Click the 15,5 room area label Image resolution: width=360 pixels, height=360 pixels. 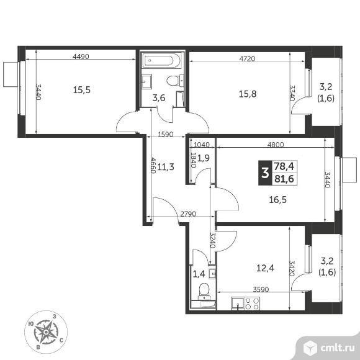[82, 90]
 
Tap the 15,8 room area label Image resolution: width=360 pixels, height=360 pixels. [248, 94]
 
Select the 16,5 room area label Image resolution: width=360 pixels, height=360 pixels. [278, 200]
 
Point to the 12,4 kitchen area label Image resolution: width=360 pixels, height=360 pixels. [265, 268]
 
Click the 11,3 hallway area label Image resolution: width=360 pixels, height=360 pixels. [166, 167]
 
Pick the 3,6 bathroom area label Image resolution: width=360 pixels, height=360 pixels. [159, 98]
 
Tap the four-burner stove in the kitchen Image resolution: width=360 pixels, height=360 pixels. [253, 304]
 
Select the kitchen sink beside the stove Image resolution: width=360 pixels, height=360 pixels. [238, 304]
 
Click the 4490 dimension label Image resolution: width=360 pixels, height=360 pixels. [81, 56]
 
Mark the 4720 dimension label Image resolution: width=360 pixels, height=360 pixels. [247, 59]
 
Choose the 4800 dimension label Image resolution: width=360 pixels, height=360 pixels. [276, 145]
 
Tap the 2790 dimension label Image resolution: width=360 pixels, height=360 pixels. [188, 214]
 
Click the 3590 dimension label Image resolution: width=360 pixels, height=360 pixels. [261, 289]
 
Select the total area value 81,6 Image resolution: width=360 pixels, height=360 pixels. [284, 179]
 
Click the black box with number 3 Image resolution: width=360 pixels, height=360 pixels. [265, 173]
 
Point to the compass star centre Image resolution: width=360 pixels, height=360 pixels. [46, 332]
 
